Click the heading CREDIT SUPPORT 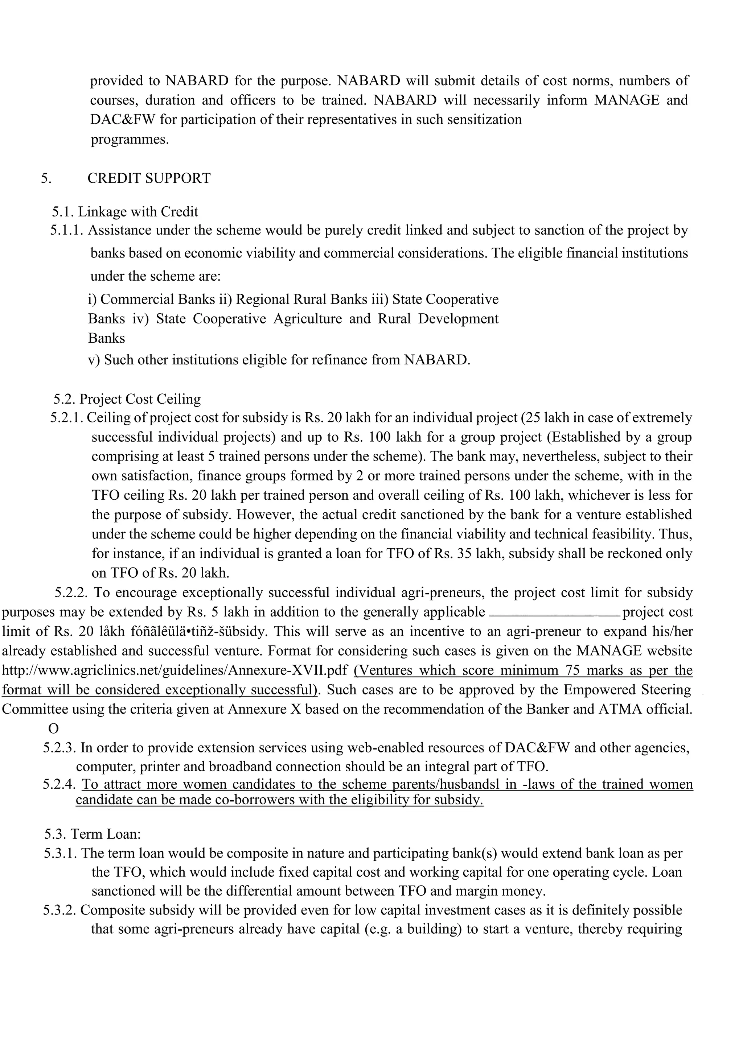(x=149, y=178)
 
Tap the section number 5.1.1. (x=67, y=231)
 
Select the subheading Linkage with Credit (x=138, y=212)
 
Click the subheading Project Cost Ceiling (x=140, y=399)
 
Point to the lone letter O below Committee (x=54, y=728)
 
